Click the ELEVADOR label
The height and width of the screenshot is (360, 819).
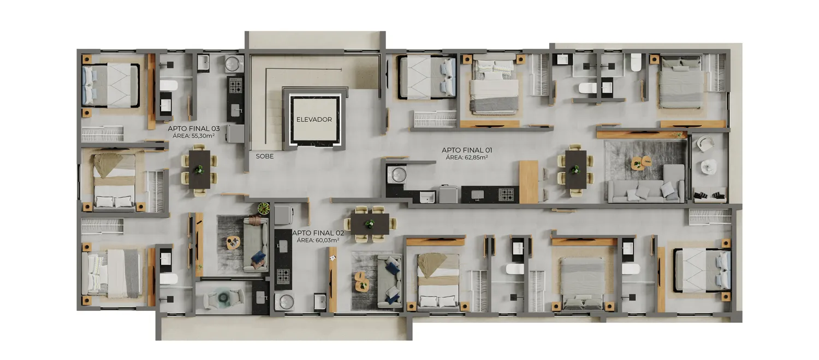314,120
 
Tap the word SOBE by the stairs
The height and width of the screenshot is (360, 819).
265,156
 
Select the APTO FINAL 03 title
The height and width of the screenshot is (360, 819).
194,129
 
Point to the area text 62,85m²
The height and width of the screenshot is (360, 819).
474,158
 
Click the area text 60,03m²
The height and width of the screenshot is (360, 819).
325,240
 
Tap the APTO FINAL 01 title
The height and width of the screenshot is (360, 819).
467,150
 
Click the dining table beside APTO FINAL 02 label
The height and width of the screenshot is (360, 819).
370,225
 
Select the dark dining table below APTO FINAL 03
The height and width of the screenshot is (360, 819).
200,169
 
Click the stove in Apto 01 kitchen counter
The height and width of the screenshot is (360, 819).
507,194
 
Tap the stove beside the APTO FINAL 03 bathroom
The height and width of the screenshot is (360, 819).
235,86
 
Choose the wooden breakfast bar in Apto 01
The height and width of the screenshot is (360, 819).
529,182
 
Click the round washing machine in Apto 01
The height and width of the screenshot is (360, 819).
397,174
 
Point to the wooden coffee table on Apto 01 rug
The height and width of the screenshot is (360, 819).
641,163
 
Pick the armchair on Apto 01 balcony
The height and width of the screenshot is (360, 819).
705,144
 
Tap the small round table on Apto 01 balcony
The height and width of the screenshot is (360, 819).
708,167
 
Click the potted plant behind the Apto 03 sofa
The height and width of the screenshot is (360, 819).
263,209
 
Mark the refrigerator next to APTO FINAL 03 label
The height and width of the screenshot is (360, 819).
235,133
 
